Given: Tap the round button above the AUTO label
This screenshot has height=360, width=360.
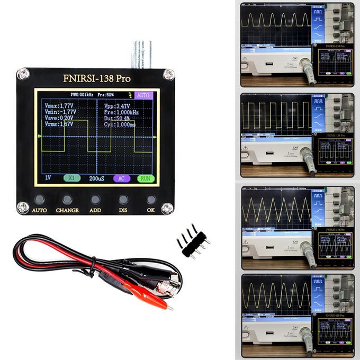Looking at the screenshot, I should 39,200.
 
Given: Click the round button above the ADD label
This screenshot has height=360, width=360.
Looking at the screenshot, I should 95,200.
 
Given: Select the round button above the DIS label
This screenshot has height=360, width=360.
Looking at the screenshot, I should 123,200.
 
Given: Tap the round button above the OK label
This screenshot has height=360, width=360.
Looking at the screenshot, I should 151,200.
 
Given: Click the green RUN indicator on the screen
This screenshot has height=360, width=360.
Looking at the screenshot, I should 146,178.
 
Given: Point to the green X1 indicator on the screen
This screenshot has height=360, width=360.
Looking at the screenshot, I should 71,178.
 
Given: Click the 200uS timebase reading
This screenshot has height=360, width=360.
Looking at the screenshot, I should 97,178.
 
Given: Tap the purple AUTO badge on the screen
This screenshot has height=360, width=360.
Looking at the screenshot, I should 143,95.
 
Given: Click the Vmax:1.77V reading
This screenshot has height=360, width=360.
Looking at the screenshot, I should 60,106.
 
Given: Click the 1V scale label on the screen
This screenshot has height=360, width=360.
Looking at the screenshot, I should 48,178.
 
